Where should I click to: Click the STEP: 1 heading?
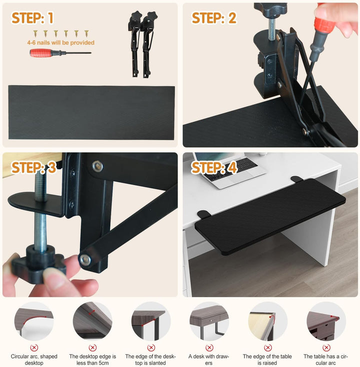click(x=32, y=18)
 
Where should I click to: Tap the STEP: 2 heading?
click(x=214, y=18)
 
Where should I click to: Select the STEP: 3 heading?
click(x=33, y=167)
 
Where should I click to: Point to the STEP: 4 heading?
click(x=214, y=167)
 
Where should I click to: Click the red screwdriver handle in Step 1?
click(x=40, y=52)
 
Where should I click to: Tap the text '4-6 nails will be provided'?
click(x=60, y=42)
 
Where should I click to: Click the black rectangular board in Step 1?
click(x=91, y=112)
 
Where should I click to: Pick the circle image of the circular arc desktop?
click(x=34, y=321)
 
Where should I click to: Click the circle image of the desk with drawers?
click(x=209, y=321)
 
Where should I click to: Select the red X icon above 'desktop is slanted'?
click(x=151, y=348)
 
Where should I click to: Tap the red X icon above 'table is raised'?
click(x=268, y=348)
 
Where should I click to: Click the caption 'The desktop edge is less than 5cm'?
click(x=92, y=359)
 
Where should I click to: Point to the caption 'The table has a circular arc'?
click(x=325, y=359)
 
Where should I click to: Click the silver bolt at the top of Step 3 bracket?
click(x=98, y=166)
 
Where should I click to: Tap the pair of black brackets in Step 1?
click(x=142, y=44)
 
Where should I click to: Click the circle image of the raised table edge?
click(x=268, y=321)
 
